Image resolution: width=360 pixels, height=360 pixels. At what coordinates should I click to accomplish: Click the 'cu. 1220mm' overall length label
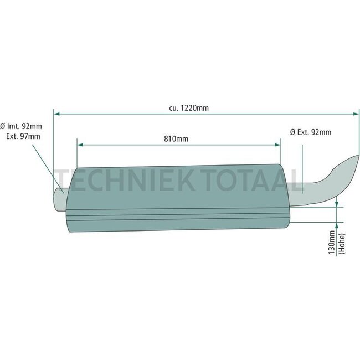click(189, 108)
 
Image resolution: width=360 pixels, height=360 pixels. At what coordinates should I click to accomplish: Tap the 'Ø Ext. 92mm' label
click(311, 132)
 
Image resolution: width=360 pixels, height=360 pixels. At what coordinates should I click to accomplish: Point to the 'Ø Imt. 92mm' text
click(20, 126)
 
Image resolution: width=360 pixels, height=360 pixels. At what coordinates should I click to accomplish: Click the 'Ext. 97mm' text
click(23, 136)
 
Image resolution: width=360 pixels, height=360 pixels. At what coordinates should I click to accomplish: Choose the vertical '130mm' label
click(331, 243)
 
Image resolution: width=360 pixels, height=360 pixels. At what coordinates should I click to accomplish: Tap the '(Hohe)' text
click(341, 243)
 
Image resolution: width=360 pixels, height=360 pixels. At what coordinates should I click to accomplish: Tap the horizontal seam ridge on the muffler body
click(177, 213)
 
